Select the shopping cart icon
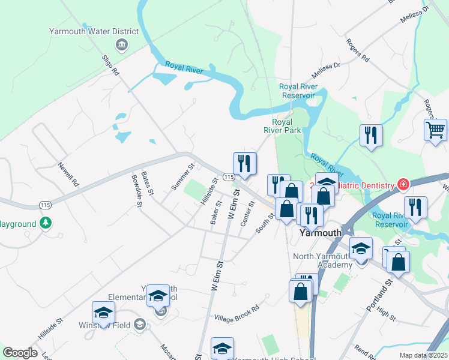click(x=435, y=129)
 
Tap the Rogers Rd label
click(x=357, y=50)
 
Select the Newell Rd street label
click(x=68, y=174)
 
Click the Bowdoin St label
click(x=136, y=191)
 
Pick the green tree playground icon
click(x=46, y=223)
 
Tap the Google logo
click(x=20, y=353)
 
